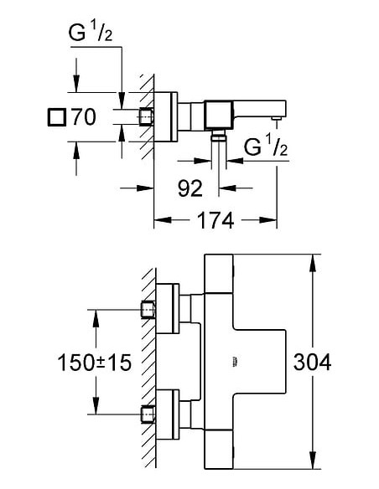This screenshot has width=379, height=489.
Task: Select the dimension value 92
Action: click(x=191, y=188)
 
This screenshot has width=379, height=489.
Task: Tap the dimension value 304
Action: click(x=313, y=362)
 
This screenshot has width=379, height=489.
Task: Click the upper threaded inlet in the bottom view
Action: click(x=147, y=311)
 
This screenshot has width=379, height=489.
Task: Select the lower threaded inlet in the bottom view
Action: click(x=147, y=414)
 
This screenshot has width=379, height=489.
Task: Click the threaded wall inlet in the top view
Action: click(x=147, y=116)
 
